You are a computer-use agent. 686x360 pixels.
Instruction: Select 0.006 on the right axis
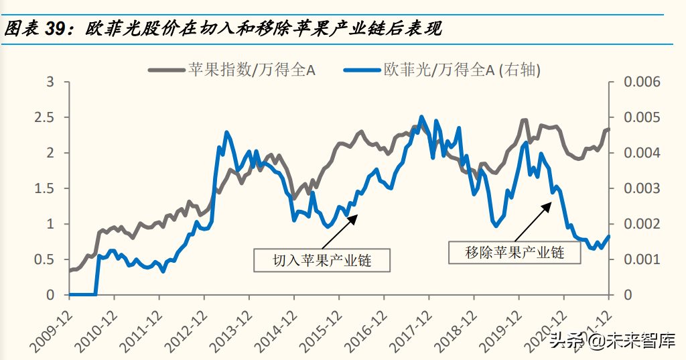642,82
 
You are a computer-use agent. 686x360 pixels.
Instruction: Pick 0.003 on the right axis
642,188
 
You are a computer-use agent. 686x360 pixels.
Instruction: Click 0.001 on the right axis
642,259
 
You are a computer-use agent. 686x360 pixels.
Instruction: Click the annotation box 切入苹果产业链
322,260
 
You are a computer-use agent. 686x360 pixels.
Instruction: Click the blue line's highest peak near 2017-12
421,117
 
